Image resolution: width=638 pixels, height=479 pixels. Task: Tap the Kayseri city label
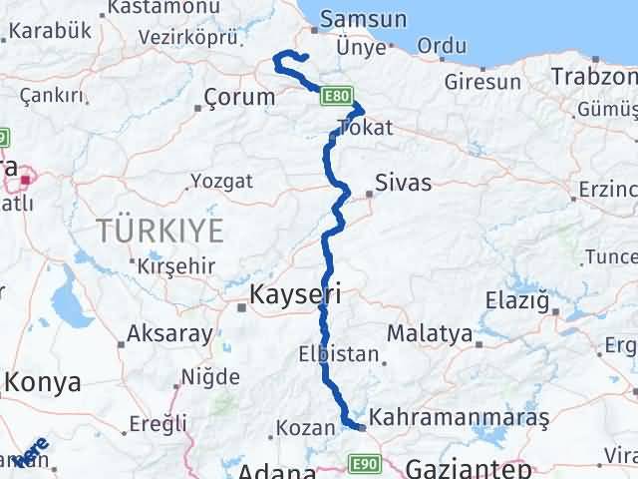[x=295, y=294]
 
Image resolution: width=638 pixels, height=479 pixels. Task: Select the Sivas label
[x=404, y=183]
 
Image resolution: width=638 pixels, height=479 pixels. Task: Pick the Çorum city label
[x=238, y=97]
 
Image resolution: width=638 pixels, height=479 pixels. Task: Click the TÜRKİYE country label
[x=160, y=231]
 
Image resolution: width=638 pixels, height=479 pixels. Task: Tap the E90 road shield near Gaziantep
[x=363, y=463]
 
